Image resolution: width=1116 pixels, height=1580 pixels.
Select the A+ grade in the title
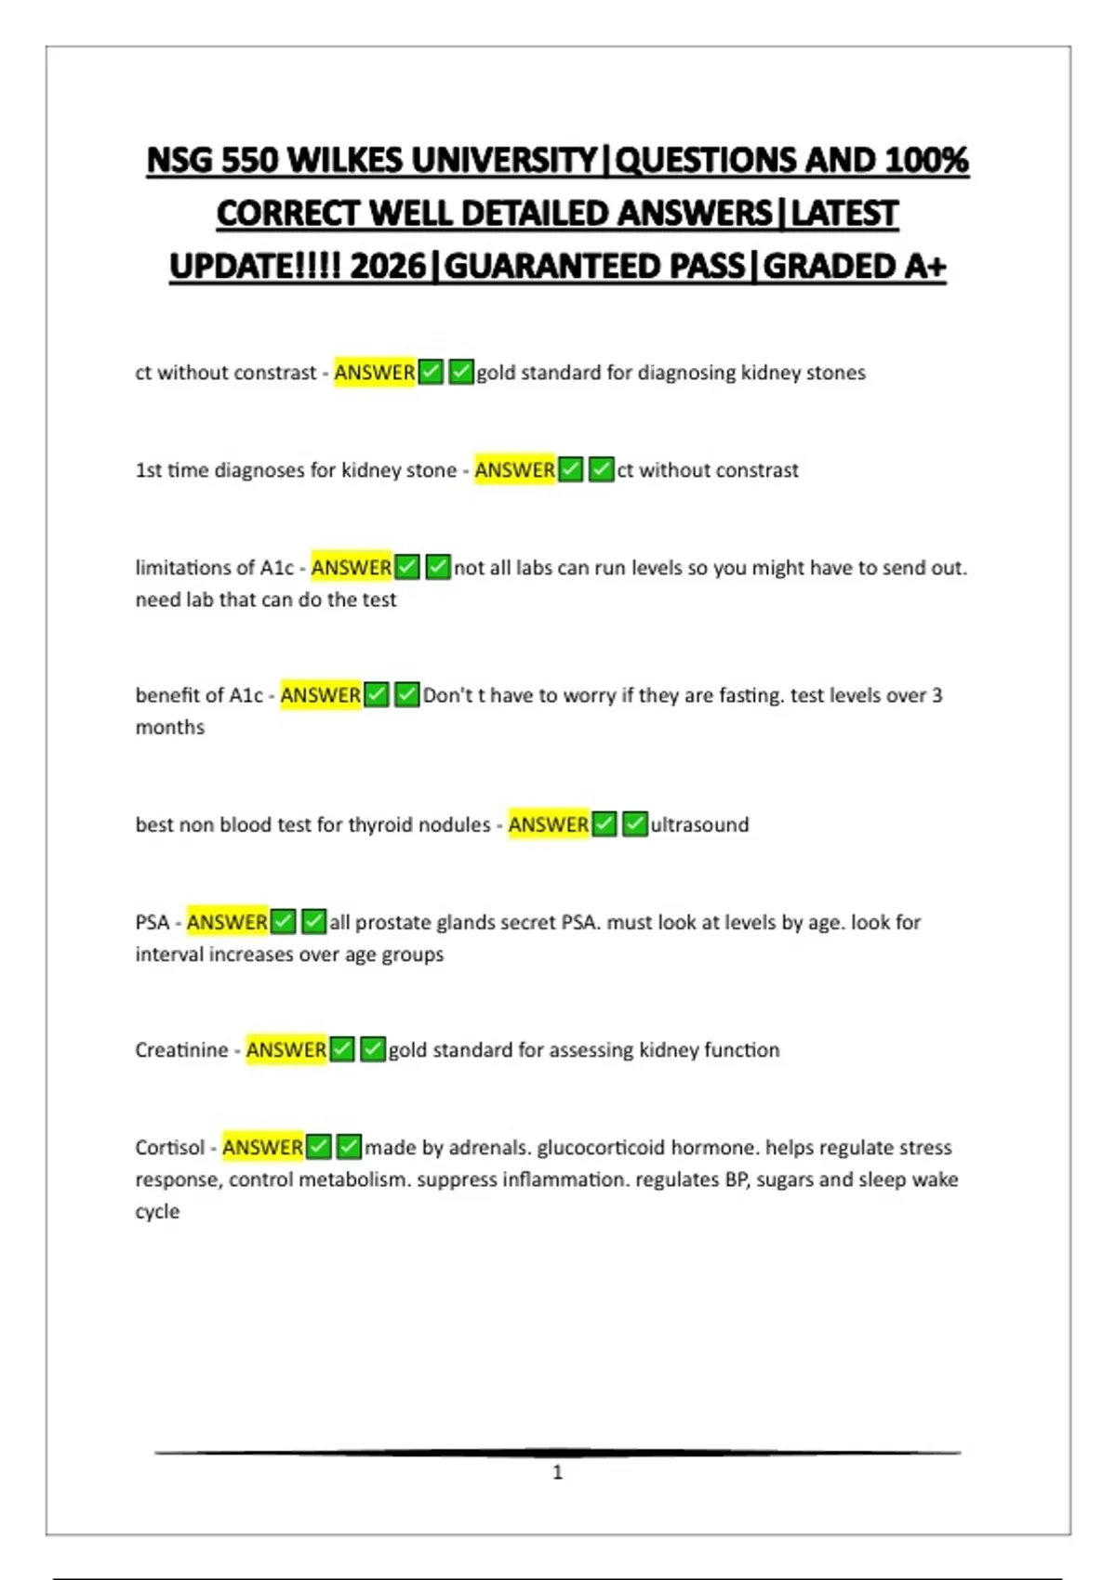coord(924,267)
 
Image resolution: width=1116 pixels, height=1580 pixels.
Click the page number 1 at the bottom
coord(557,1472)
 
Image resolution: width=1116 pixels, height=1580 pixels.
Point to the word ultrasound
coord(699,824)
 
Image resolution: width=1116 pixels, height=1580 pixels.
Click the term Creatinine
coord(181,1049)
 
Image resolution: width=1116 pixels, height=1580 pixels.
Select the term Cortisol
coord(169,1147)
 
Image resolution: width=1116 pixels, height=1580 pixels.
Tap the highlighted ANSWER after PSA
coord(227,922)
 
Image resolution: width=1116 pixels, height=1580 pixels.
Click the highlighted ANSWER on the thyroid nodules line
coord(548,824)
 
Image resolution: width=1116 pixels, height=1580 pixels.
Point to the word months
coord(170,727)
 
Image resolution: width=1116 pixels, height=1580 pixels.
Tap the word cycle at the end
coord(157,1211)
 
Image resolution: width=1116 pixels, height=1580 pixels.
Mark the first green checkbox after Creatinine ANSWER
coord(342,1049)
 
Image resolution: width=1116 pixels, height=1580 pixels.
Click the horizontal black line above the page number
coord(557,1452)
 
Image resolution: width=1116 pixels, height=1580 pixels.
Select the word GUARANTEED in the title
coord(594,267)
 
